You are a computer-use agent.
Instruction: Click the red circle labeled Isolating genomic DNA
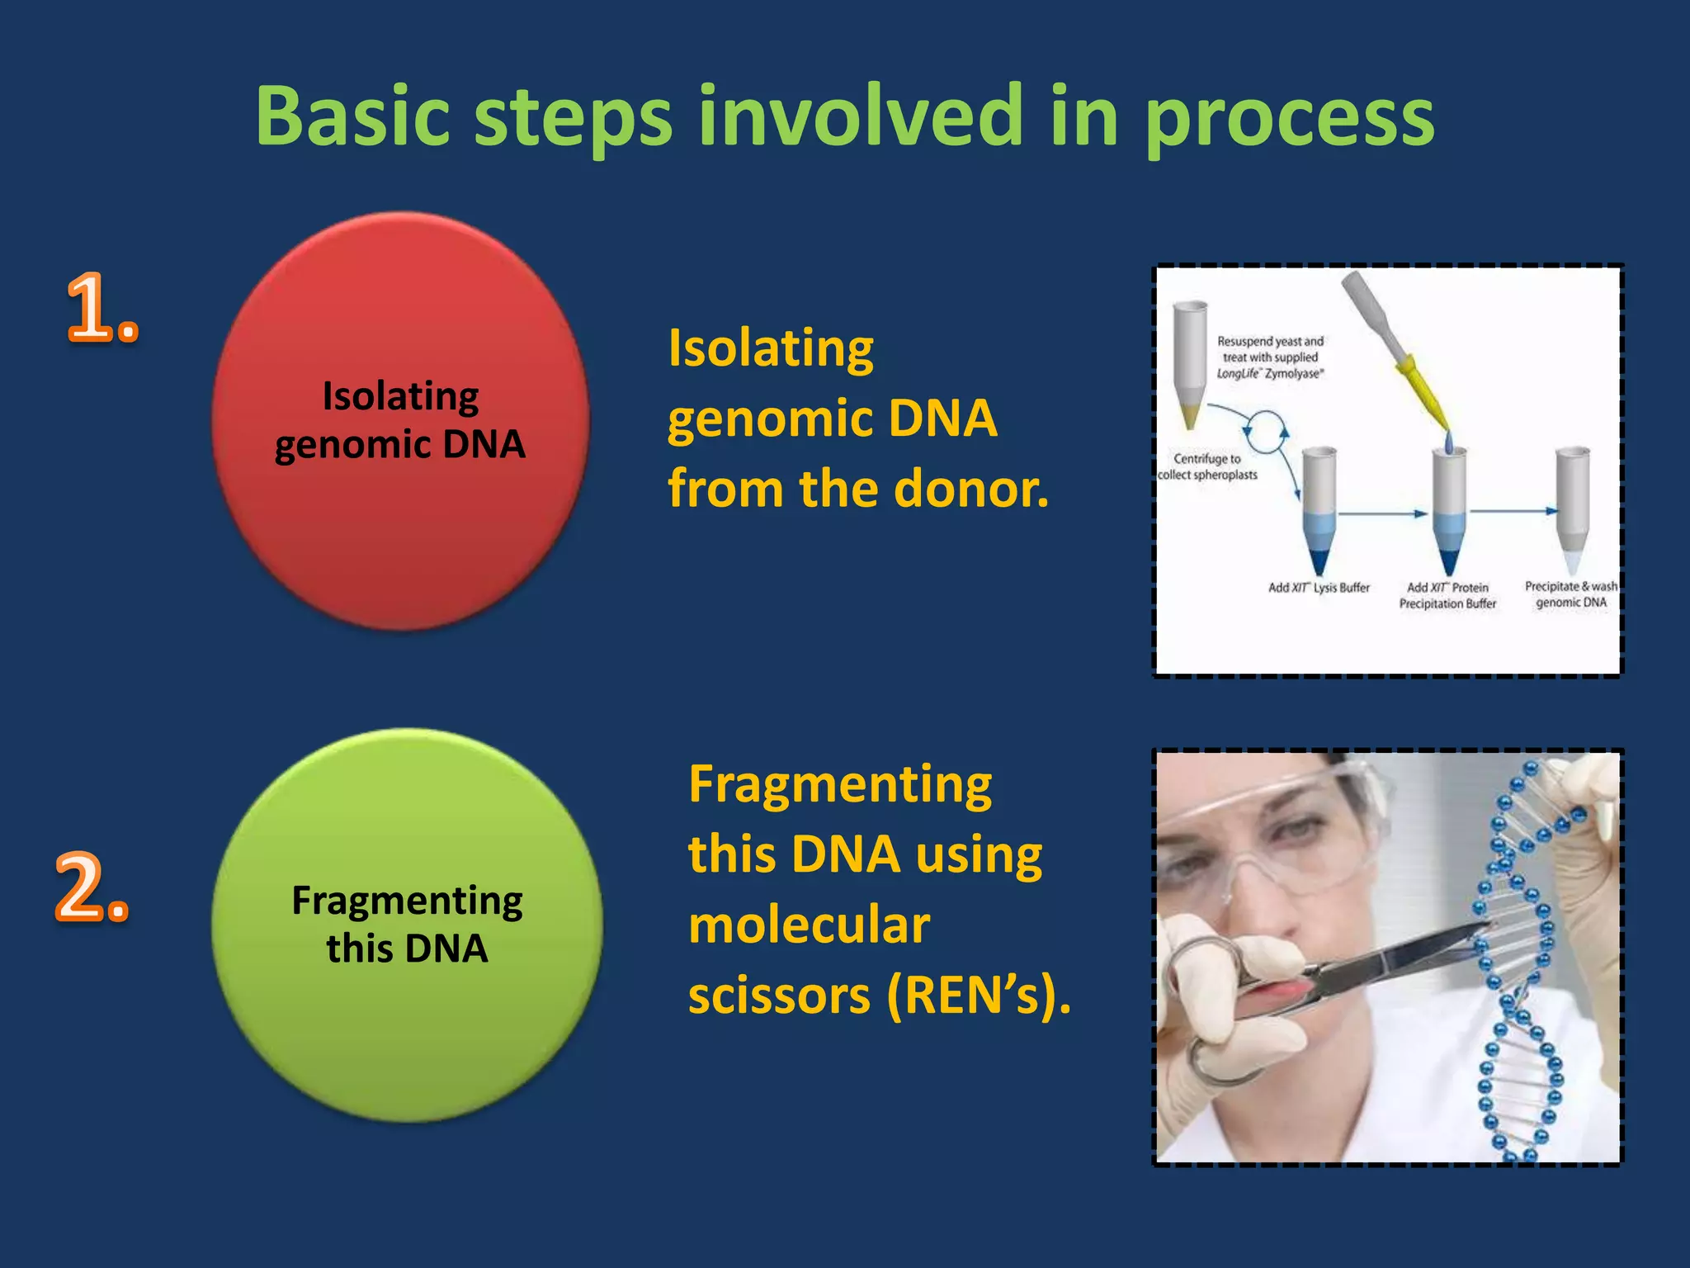pyautogui.click(x=400, y=421)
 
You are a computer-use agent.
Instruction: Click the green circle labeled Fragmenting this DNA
pyautogui.click(x=406, y=925)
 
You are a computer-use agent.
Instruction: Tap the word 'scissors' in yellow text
pyautogui.click(x=779, y=996)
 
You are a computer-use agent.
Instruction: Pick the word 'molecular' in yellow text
pyautogui.click(x=809, y=925)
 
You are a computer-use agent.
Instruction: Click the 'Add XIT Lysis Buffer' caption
pyautogui.click(x=1318, y=588)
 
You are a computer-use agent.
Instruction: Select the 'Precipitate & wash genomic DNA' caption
pyautogui.click(x=1570, y=594)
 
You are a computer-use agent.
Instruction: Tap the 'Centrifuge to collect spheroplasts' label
pyautogui.click(x=1207, y=466)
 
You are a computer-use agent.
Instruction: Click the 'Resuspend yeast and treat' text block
pyautogui.click(x=1270, y=357)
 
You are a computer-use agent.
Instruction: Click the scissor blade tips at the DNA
pyautogui.click(x=1477, y=929)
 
